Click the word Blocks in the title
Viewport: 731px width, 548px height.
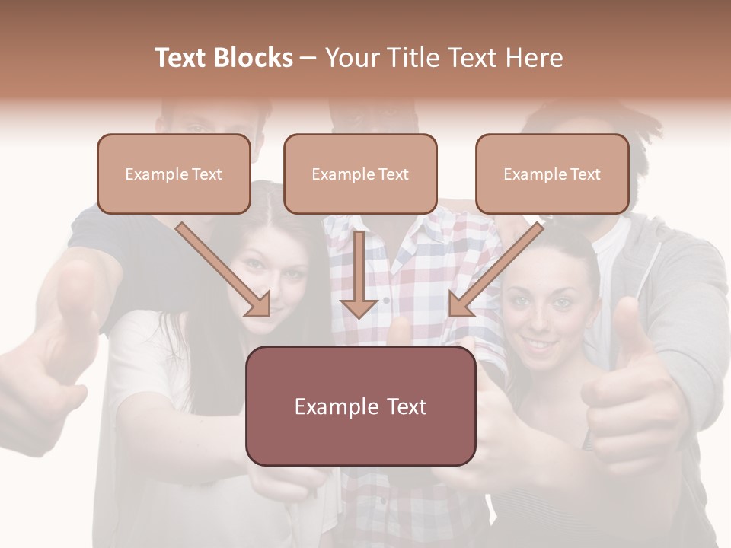[254, 58]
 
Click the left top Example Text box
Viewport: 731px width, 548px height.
[174, 174]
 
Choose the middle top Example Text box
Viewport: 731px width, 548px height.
[360, 174]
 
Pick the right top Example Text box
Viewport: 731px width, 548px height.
[552, 174]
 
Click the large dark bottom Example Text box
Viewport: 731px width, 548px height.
[360, 406]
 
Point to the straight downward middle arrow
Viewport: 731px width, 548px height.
[359, 274]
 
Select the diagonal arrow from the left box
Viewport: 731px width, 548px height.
[224, 269]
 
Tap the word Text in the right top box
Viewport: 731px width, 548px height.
[585, 174]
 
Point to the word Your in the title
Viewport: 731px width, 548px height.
[351, 58]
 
